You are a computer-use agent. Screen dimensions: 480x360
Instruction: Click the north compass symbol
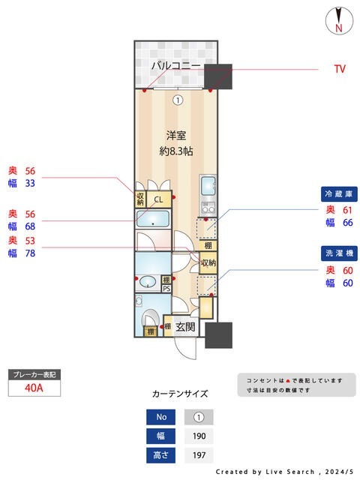pyautogui.click(x=340, y=20)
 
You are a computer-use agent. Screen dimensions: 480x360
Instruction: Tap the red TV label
pyautogui.click(x=340, y=68)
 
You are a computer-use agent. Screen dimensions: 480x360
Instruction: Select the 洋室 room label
pyautogui.click(x=176, y=136)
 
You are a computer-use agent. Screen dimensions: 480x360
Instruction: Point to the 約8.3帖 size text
pyautogui.click(x=176, y=151)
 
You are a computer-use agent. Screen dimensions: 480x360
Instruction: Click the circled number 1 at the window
pyautogui.click(x=177, y=99)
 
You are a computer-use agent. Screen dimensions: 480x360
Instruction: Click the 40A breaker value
pyautogui.click(x=34, y=388)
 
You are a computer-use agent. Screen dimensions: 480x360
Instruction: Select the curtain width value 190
pyautogui.click(x=199, y=436)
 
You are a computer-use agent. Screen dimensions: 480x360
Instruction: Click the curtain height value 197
pyautogui.click(x=199, y=455)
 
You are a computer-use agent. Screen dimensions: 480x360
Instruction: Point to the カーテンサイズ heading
pyautogui.click(x=180, y=394)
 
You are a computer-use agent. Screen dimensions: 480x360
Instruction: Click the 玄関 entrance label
pyautogui.click(x=186, y=327)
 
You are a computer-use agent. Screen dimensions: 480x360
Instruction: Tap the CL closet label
pyautogui.click(x=158, y=199)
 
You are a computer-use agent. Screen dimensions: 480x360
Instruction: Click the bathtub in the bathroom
pyautogui.click(x=154, y=220)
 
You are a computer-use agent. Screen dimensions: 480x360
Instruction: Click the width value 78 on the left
pyautogui.click(x=31, y=253)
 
